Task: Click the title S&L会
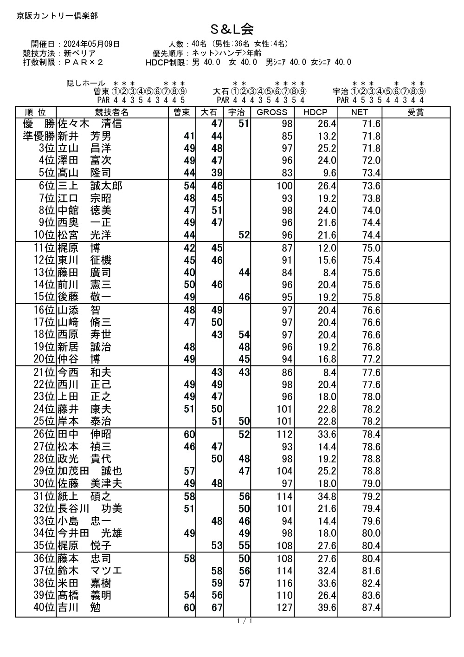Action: [232, 30]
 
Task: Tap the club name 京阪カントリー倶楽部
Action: [57, 16]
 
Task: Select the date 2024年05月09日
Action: [91, 44]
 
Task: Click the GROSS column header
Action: [272, 112]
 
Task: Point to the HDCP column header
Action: [315, 112]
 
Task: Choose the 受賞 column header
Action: [415, 112]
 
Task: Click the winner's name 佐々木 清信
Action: [90, 124]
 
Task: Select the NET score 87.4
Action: [371, 608]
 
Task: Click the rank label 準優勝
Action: [39, 137]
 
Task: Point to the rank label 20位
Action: [44, 359]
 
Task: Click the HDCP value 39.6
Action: [327, 608]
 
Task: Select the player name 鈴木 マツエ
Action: [90, 571]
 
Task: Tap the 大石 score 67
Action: [217, 608]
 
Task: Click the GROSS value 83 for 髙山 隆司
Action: [287, 173]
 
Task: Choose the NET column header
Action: [359, 112]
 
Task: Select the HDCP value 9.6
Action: [329, 173]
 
